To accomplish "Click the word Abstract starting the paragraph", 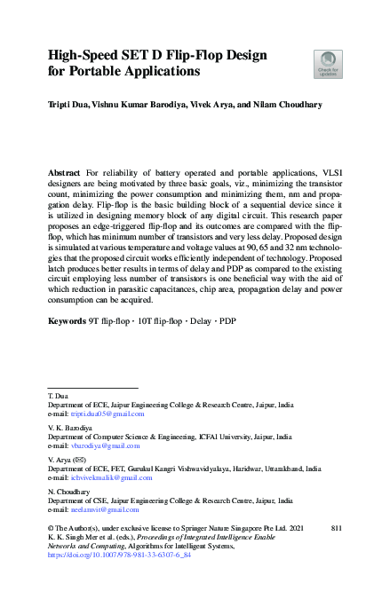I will coord(65,169).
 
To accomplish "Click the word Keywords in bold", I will coord(68,319).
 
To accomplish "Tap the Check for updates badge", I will coord(328,64).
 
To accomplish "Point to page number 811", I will coord(336,529).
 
